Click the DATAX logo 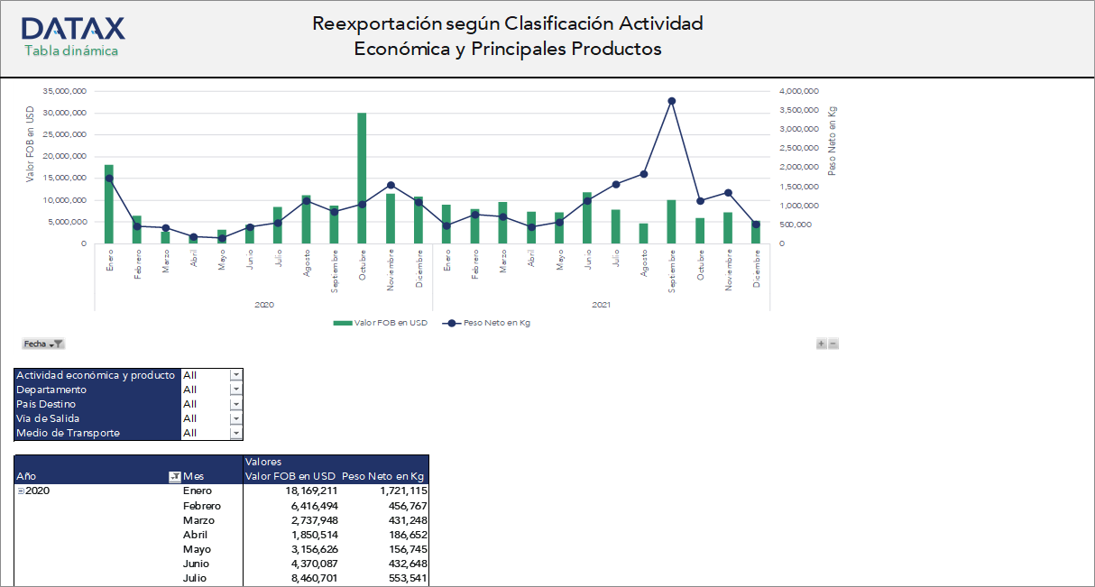73,28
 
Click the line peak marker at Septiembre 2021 671,101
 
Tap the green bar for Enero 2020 109,204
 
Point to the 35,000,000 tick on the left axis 64,91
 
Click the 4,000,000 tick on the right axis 798,91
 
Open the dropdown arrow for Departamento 236,390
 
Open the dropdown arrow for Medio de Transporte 236,433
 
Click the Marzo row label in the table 198,520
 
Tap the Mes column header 193,476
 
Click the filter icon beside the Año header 174,476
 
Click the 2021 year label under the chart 602,305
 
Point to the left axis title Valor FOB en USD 31,144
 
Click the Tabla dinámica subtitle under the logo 71,50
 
